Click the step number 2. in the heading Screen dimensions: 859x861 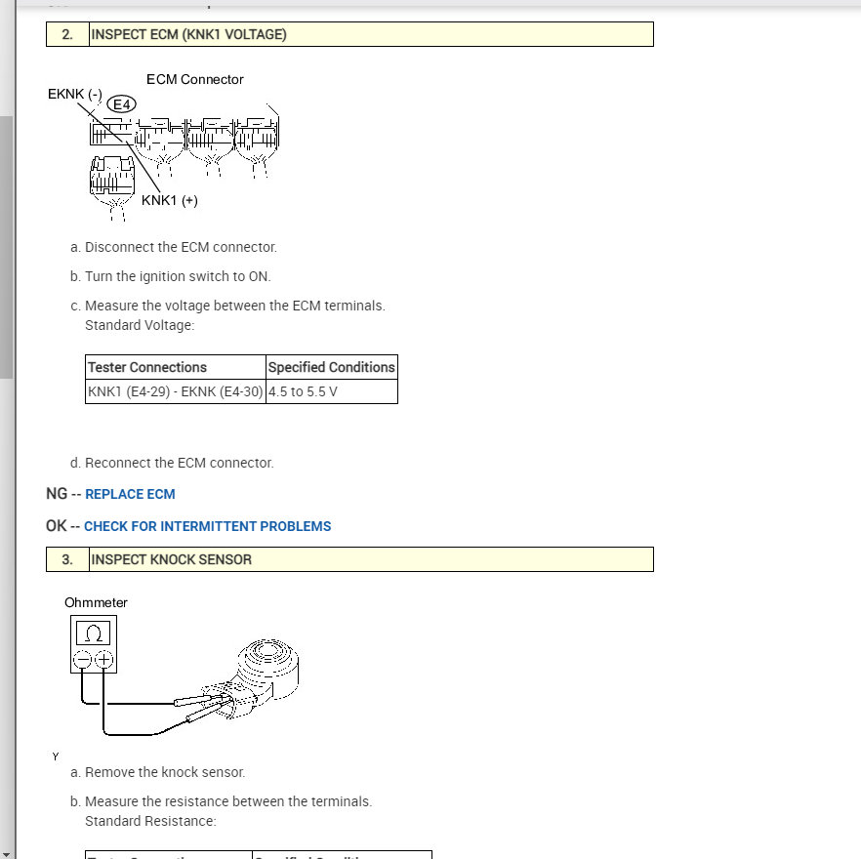coord(67,34)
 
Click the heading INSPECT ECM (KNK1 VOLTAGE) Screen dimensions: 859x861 coord(188,34)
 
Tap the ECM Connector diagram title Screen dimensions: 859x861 coord(194,79)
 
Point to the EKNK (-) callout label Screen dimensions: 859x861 coord(74,95)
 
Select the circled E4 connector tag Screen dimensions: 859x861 coord(123,103)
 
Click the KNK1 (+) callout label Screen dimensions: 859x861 coord(169,200)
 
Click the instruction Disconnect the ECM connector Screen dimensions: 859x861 coord(181,247)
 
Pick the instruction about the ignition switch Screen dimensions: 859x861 coord(178,276)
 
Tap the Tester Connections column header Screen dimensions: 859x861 coord(147,367)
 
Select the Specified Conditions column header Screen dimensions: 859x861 coord(331,367)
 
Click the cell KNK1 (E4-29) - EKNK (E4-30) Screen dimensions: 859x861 coord(175,391)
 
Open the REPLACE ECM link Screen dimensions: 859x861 coord(130,494)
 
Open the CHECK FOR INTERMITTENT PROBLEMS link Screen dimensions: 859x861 coord(207,526)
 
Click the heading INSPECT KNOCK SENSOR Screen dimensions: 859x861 coord(171,559)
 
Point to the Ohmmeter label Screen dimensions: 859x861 coord(96,602)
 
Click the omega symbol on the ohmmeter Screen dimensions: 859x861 coord(93,633)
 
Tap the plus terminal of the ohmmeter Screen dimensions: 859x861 coord(103,660)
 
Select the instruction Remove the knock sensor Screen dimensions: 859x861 coord(165,772)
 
